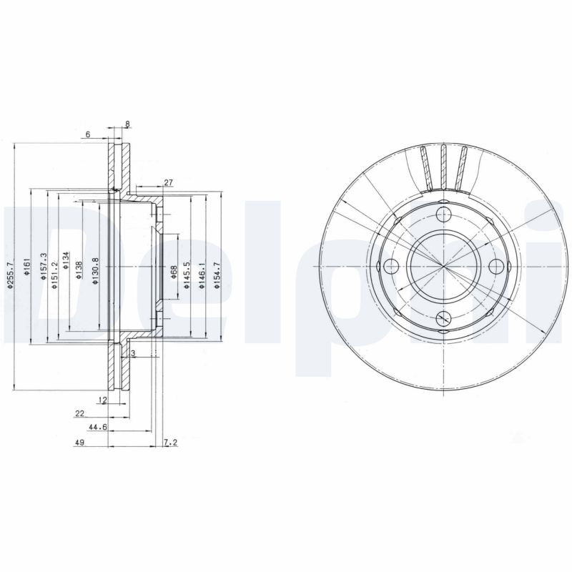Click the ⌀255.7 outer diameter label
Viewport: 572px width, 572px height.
pos(10,274)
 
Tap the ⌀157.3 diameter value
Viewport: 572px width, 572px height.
pos(44,266)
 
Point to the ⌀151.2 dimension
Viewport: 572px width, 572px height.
pos(54,274)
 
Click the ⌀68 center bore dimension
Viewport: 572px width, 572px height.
pos(174,272)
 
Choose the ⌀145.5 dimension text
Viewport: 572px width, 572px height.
pos(186,274)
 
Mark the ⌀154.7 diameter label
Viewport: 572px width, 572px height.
pos(216,275)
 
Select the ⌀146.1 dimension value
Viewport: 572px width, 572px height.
pos(202,274)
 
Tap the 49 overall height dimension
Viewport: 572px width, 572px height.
pos(80,443)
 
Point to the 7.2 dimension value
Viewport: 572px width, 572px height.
pos(170,443)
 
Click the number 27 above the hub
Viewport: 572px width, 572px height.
pos(169,183)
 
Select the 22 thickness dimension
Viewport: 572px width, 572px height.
pos(79,413)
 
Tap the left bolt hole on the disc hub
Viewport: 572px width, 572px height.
pos(391,267)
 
